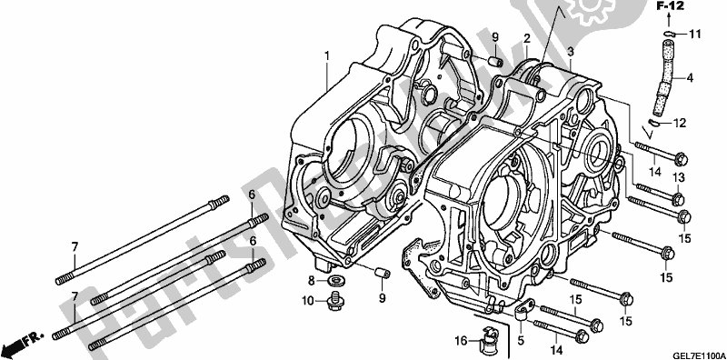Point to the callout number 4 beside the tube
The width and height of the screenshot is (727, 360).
point(690,78)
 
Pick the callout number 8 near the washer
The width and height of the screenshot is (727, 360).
point(311,280)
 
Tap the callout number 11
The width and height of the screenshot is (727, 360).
point(695,35)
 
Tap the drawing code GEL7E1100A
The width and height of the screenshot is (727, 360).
point(692,351)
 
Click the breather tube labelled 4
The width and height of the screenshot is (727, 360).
point(663,77)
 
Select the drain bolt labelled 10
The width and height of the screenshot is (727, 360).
point(334,298)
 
